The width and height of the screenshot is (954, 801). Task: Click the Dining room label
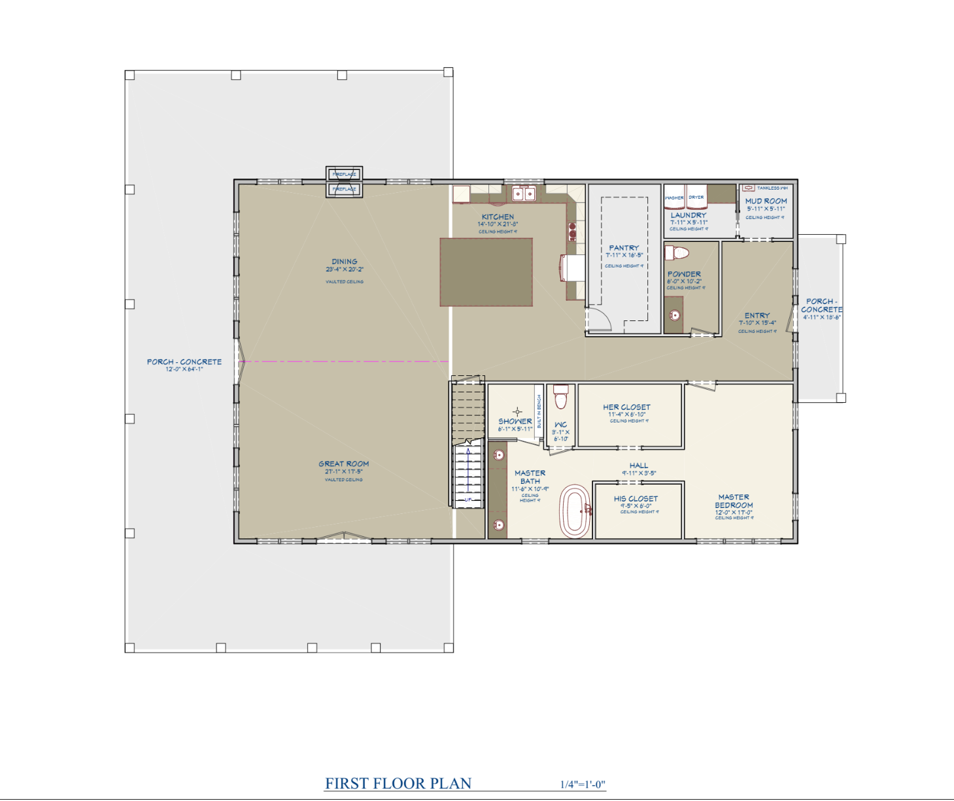coord(344,262)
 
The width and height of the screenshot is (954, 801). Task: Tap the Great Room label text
coord(344,464)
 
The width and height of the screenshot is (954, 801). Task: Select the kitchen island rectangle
coord(486,272)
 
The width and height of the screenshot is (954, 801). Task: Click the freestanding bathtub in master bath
coord(575,511)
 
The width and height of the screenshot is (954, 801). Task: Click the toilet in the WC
coord(560,396)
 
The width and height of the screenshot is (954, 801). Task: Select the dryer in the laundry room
coord(696,194)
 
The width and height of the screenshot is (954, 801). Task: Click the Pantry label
coord(624,248)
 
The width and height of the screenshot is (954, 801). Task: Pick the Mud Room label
coord(766,201)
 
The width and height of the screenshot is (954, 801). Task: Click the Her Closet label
coord(626,407)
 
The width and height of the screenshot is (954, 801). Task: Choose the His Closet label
coord(636,498)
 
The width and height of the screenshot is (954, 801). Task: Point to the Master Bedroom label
coord(734,502)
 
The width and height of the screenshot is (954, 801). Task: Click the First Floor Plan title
coord(398,783)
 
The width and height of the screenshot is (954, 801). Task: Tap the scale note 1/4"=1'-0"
coord(583,785)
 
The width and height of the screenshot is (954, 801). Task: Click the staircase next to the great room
coord(467,445)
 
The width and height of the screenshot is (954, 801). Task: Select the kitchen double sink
coord(523,194)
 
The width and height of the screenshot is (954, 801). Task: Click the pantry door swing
coord(598,319)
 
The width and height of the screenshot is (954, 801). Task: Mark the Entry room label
coord(757,315)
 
